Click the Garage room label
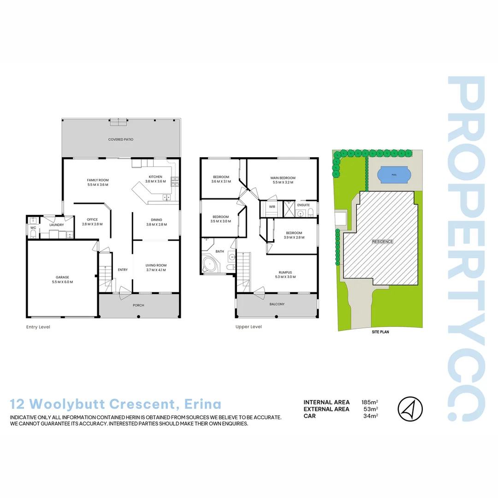62,278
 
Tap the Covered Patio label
121,139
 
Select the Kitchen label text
155,177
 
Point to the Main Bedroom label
283,178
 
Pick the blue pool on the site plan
393,175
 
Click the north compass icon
410,409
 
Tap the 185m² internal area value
370,403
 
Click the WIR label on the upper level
273,207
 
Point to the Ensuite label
303,205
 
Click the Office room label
92,219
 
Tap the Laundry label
57,225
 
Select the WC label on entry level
33,228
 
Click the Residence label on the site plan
383,242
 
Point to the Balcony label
277,304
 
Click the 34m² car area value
371,416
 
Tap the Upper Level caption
249,327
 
